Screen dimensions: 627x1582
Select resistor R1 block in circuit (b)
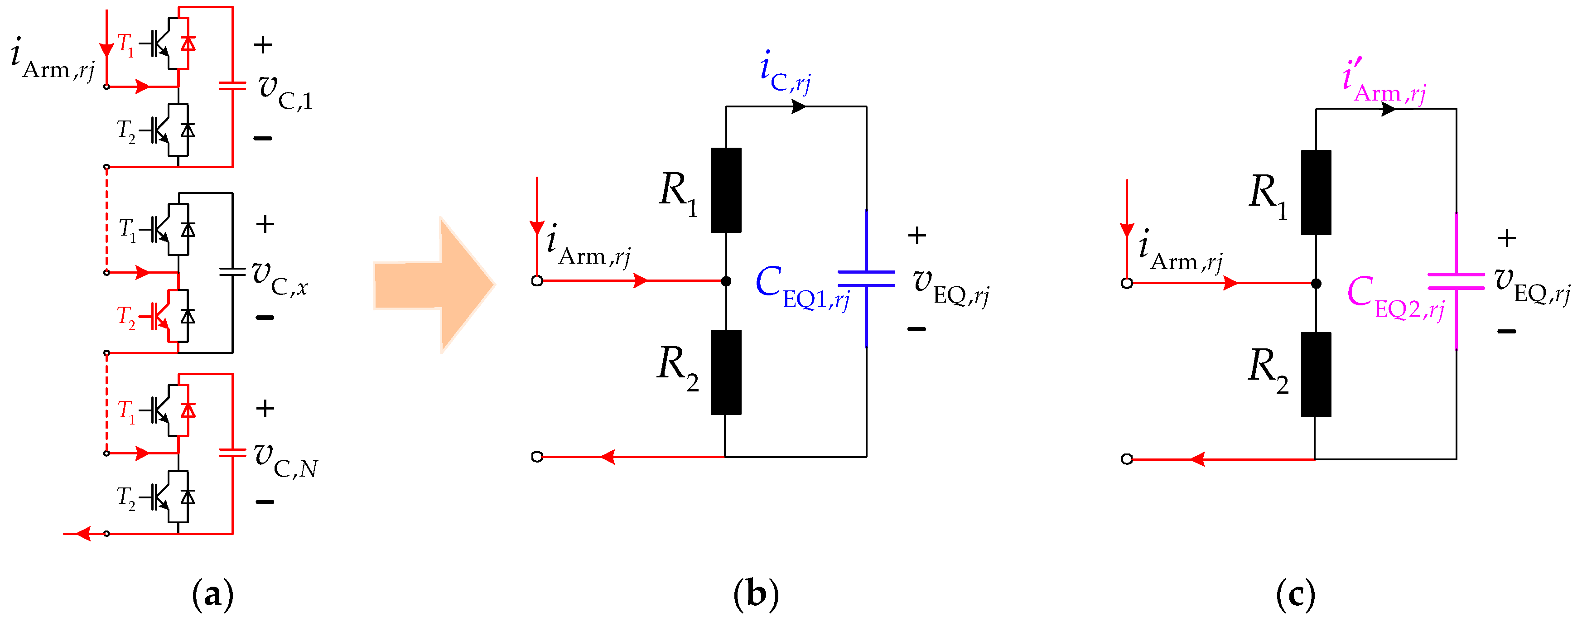pyautogui.click(x=726, y=190)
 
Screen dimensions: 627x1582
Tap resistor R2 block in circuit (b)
pyautogui.click(x=726, y=372)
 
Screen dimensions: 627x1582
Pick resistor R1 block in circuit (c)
pyautogui.click(x=1316, y=192)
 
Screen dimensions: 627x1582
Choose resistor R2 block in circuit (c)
pyautogui.click(x=1316, y=375)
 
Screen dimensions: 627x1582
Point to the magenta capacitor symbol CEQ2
pyautogui.click(x=1456, y=281)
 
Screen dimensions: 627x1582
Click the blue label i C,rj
pyautogui.click(x=785, y=74)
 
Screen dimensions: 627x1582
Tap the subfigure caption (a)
pyautogui.click(x=212, y=594)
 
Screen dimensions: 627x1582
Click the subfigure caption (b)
pyautogui.click(x=756, y=594)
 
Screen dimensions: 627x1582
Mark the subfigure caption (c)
pyautogui.click(x=1296, y=594)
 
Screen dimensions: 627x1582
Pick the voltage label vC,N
pyautogui.click(x=285, y=461)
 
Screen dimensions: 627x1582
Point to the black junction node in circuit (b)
pyautogui.click(x=726, y=281)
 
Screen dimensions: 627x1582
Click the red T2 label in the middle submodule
pyautogui.click(x=126, y=317)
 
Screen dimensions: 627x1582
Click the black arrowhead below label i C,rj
pyautogui.click(x=798, y=107)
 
